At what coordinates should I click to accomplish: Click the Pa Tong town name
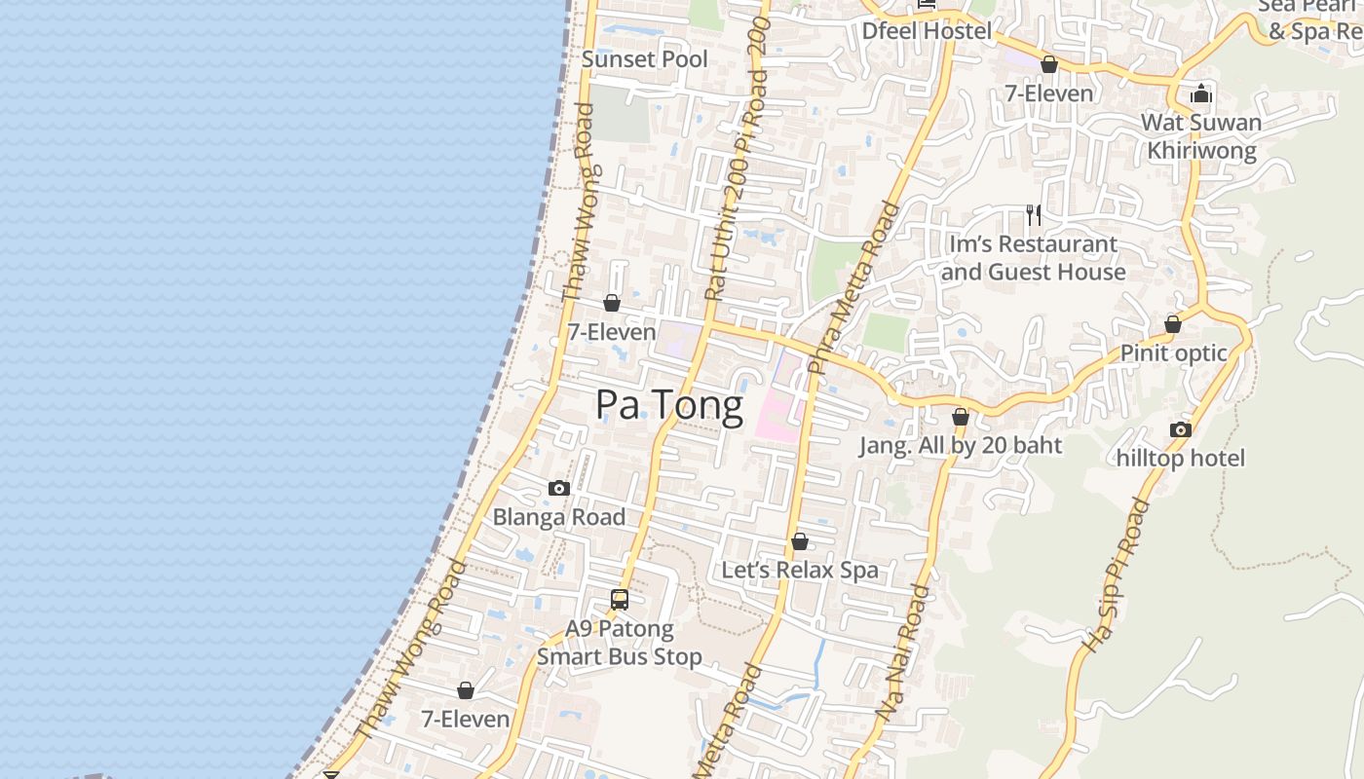(x=669, y=405)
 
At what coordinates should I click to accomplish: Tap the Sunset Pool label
(x=645, y=59)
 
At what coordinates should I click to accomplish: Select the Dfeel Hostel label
(x=927, y=31)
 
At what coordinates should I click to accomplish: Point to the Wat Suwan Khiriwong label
(x=1201, y=136)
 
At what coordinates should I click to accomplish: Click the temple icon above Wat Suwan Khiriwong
(x=1201, y=93)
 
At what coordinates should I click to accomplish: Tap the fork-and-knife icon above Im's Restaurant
(x=1034, y=214)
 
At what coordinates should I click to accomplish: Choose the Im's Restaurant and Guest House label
(x=1034, y=258)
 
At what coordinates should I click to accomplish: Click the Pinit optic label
(x=1173, y=352)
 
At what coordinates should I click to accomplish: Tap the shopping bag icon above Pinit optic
(x=1173, y=324)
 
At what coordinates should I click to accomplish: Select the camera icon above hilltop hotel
(x=1181, y=429)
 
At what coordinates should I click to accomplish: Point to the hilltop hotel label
(x=1181, y=458)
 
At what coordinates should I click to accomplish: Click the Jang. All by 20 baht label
(x=960, y=446)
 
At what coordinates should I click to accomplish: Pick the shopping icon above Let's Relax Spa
(x=800, y=541)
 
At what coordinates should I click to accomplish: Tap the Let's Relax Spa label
(x=800, y=570)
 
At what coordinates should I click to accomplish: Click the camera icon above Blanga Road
(x=559, y=489)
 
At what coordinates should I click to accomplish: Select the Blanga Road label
(x=559, y=517)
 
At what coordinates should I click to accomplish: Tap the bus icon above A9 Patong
(x=620, y=600)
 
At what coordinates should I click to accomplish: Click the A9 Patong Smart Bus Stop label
(x=620, y=643)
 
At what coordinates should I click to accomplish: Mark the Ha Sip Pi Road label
(x=1116, y=575)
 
